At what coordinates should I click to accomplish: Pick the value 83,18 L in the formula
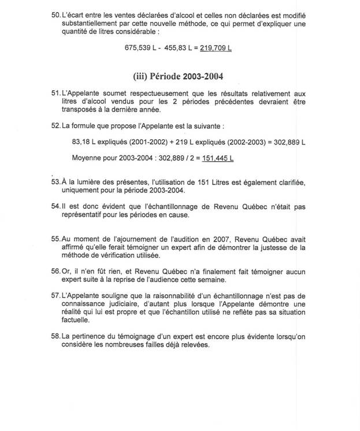pyautogui.click(x=83, y=142)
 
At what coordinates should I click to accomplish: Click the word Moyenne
pyautogui.click(x=88, y=157)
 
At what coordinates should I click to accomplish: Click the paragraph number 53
pyautogui.click(x=56, y=183)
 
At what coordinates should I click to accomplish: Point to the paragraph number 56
pyautogui.click(x=56, y=271)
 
